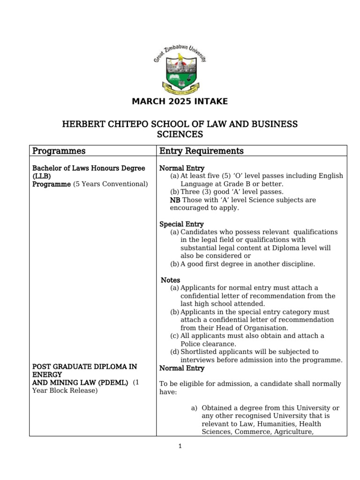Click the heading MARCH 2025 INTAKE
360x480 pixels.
coord(180,101)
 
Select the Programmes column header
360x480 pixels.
coord(59,151)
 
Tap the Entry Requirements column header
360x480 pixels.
coord(202,151)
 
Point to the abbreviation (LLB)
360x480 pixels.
coord(41,176)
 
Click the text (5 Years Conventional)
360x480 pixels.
coord(110,184)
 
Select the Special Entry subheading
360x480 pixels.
coord(181,224)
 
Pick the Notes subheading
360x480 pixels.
coord(171,280)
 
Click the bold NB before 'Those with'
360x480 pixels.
coord(175,200)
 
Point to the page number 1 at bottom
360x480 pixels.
coord(180,446)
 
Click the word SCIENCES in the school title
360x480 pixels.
coord(180,135)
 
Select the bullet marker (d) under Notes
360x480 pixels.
coord(174,352)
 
